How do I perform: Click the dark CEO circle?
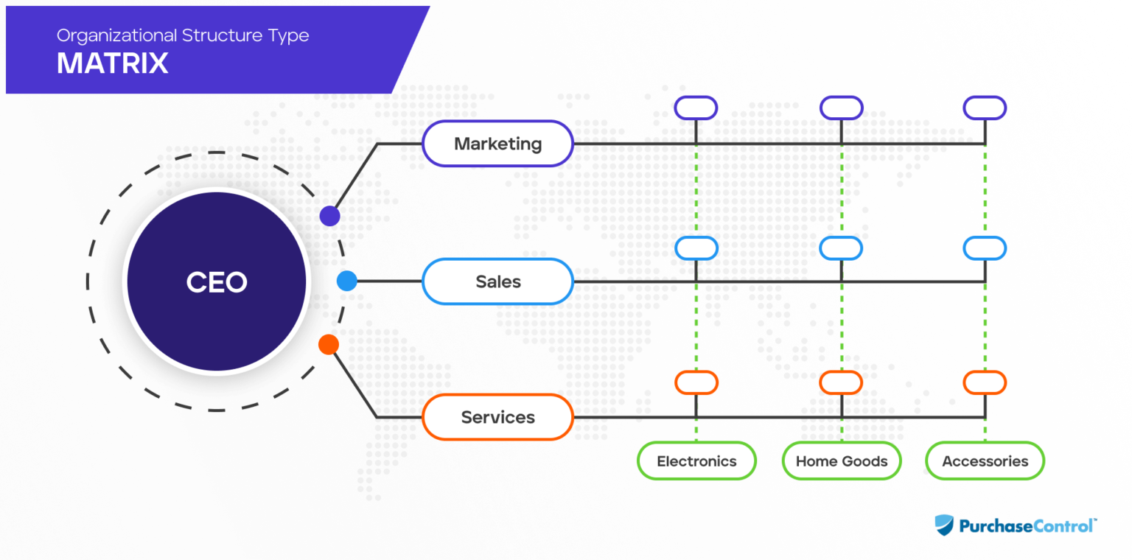click(x=216, y=281)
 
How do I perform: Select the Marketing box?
click(x=497, y=144)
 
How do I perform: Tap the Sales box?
click(x=497, y=281)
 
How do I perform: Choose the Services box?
click(x=497, y=417)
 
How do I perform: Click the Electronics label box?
click(x=696, y=461)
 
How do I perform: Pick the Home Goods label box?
click(x=842, y=461)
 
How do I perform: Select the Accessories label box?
click(x=985, y=461)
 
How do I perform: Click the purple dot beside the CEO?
click(x=329, y=216)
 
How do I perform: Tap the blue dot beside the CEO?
click(x=346, y=281)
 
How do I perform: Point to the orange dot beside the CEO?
click(x=328, y=344)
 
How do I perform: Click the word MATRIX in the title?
click(x=112, y=64)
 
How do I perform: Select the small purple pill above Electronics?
click(x=696, y=108)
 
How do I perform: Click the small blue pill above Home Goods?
click(x=841, y=248)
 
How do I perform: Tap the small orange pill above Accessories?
click(x=985, y=382)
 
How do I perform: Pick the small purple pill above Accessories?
click(x=985, y=108)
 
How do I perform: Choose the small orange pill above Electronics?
click(x=696, y=382)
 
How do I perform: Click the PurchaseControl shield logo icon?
click(x=944, y=525)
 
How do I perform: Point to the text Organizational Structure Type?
click(x=183, y=35)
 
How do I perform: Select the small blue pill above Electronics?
click(x=696, y=248)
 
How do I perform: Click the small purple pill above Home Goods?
click(x=841, y=108)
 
